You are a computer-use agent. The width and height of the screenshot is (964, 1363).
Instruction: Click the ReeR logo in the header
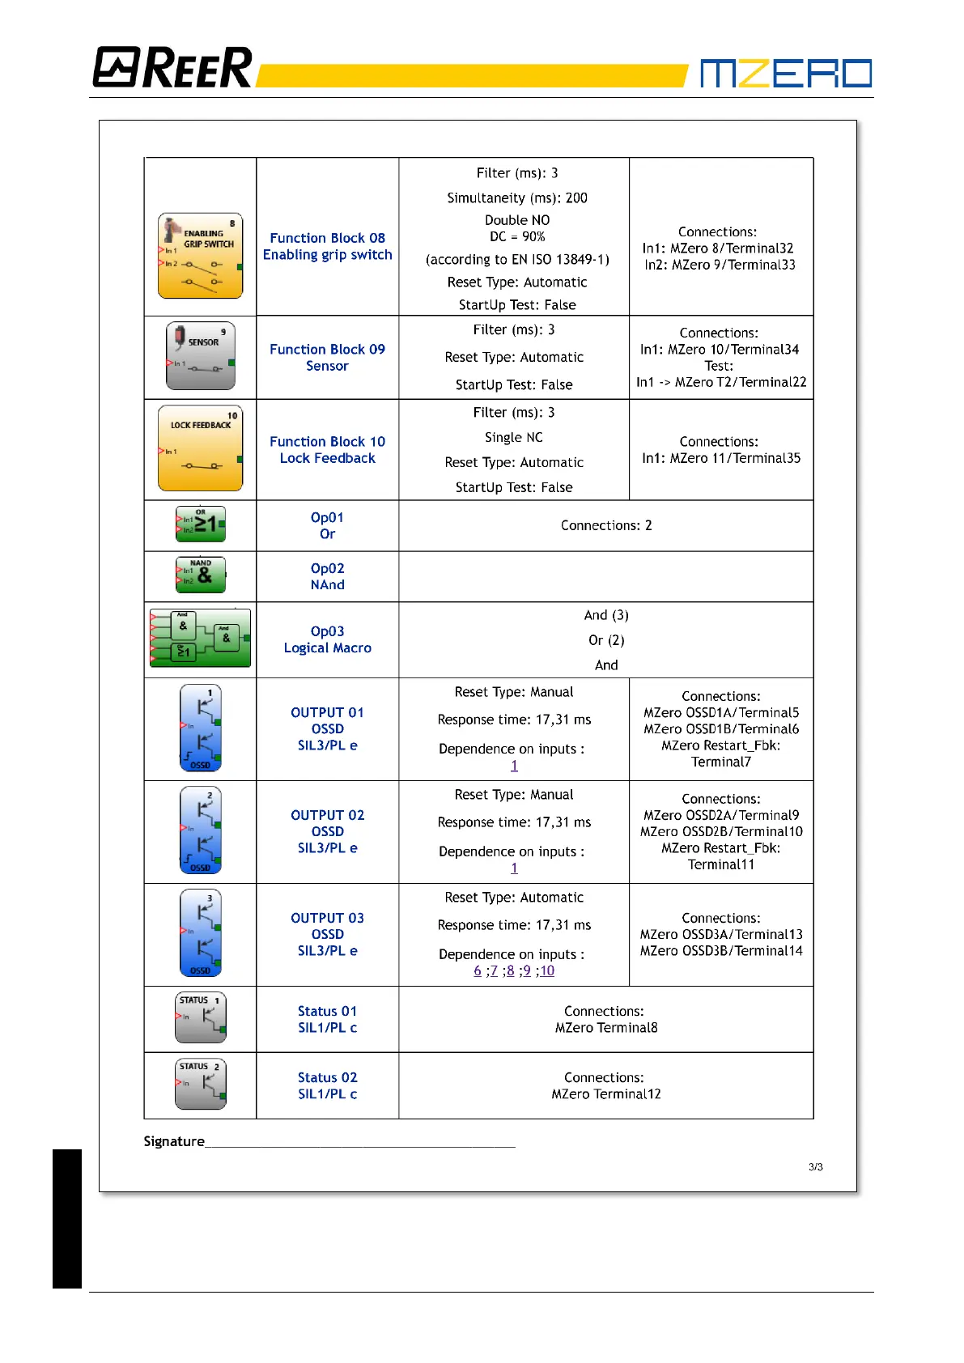pyautogui.click(x=172, y=67)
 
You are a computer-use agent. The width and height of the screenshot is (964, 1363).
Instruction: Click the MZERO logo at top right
pyautogui.click(x=785, y=73)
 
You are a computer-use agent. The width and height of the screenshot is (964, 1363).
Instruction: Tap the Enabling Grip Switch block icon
pyautogui.click(x=201, y=256)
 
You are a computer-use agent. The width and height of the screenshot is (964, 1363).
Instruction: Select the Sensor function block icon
pyautogui.click(x=201, y=356)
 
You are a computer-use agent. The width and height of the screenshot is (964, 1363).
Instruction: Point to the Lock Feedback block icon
pyautogui.click(x=201, y=448)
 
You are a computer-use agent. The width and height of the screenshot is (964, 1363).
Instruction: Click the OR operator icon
pyautogui.click(x=201, y=524)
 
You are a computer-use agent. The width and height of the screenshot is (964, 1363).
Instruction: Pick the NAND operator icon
pyautogui.click(x=201, y=575)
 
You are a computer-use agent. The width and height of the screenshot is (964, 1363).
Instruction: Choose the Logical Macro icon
pyautogui.click(x=201, y=639)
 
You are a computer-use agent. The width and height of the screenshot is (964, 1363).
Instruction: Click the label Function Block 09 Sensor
pyautogui.click(x=327, y=357)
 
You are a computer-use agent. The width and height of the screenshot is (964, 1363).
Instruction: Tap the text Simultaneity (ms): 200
pyautogui.click(x=517, y=197)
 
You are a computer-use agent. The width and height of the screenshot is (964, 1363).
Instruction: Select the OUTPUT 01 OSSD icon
pyautogui.click(x=201, y=728)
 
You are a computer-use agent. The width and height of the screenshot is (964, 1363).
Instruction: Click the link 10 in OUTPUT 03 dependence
pyautogui.click(x=547, y=970)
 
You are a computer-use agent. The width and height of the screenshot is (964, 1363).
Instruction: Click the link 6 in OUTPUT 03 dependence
pyautogui.click(x=478, y=970)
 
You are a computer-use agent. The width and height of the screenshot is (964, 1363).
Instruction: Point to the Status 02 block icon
pyautogui.click(x=201, y=1084)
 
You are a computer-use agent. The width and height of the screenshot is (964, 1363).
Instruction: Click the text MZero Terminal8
pyautogui.click(x=606, y=1028)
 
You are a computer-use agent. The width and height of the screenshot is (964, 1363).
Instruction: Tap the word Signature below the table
pyautogui.click(x=174, y=1141)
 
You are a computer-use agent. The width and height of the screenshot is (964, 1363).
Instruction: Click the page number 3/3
pyautogui.click(x=815, y=1167)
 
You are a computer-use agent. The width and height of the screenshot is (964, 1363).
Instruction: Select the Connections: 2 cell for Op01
pyautogui.click(x=606, y=525)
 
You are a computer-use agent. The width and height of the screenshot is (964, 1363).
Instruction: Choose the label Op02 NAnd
pyautogui.click(x=327, y=576)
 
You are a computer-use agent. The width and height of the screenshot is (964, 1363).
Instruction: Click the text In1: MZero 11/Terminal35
pyautogui.click(x=721, y=458)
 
